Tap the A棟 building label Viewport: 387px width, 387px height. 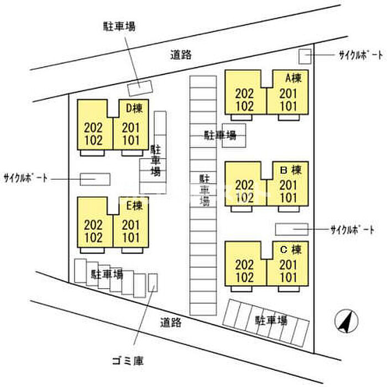click(292, 79)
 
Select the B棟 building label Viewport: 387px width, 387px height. click(290, 169)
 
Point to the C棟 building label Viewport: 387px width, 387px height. click(290, 249)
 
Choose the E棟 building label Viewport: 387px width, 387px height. click(134, 205)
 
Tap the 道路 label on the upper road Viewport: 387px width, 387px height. click(180, 54)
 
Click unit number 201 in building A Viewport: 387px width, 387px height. click(289, 93)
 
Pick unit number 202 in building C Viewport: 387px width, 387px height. click(244, 265)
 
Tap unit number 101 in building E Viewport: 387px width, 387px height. click(131, 238)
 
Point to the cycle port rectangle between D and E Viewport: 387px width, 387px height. click(95, 179)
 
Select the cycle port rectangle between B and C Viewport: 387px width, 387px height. click(291, 229)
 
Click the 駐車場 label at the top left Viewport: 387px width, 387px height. click(119, 26)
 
